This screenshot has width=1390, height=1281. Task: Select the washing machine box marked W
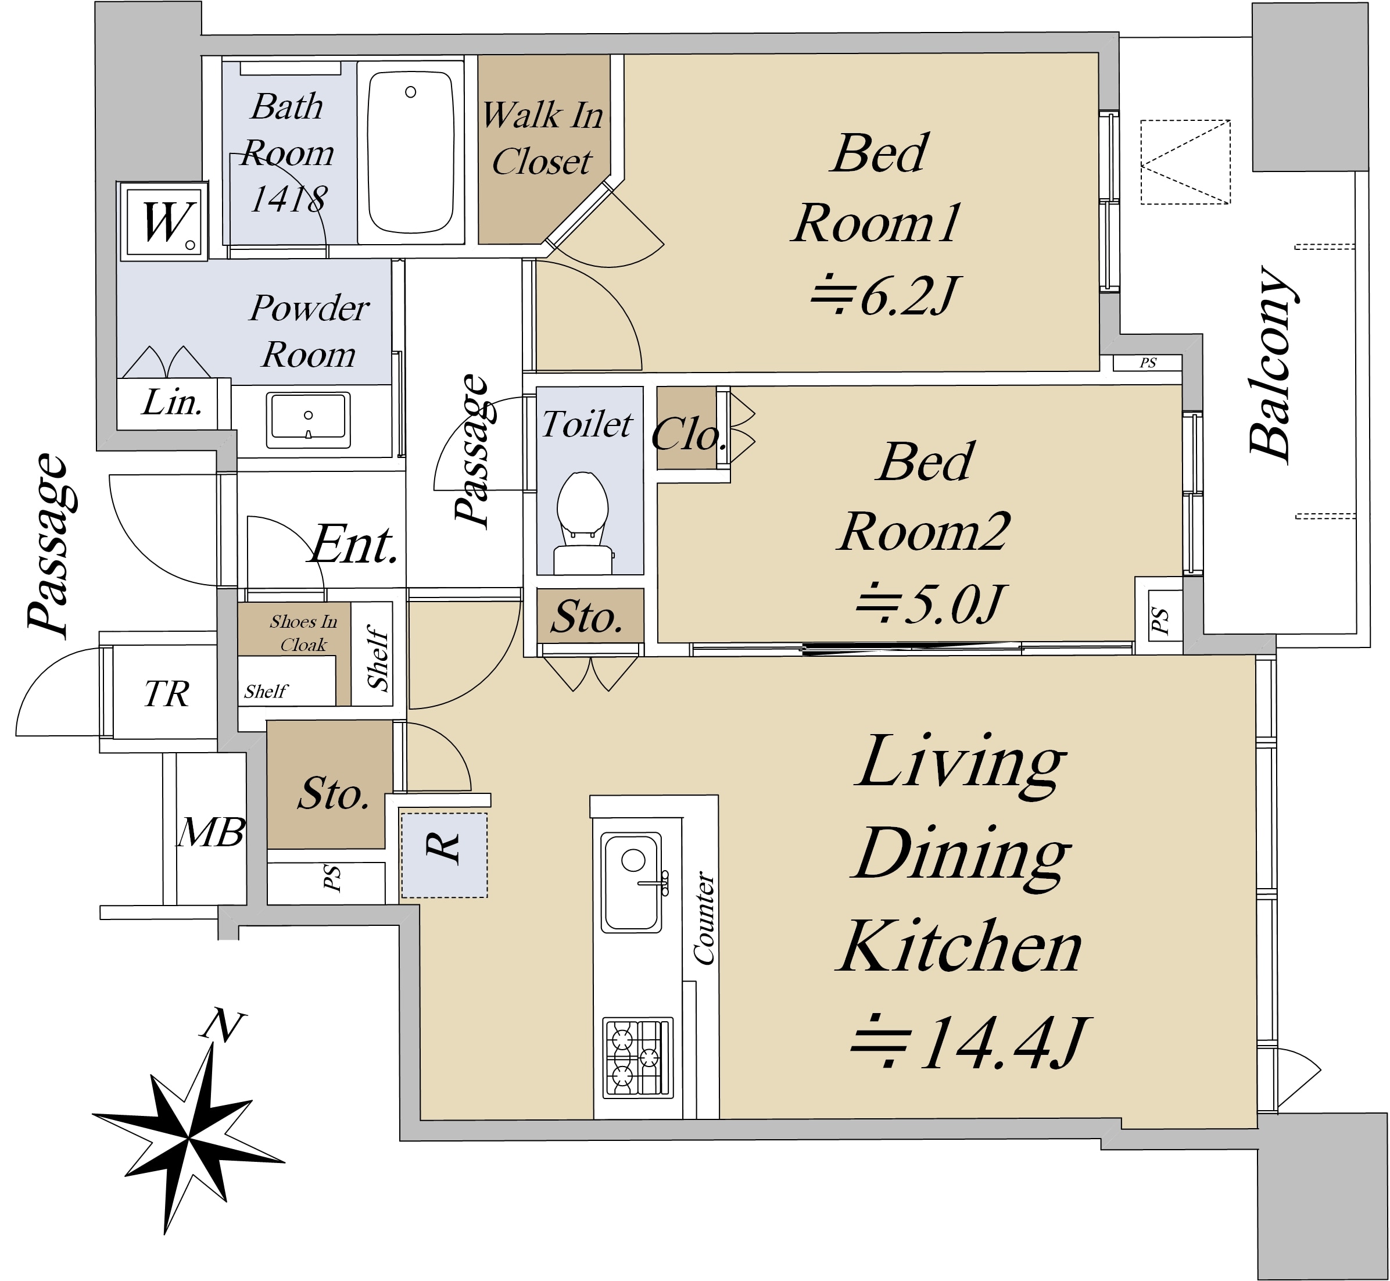click(x=163, y=222)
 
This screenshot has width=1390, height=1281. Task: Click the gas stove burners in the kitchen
click(x=637, y=1058)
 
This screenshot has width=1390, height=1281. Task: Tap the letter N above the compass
click(x=223, y=1026)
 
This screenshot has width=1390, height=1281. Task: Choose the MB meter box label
click(x=210, y=832)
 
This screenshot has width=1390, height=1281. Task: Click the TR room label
click(x=166, y=693)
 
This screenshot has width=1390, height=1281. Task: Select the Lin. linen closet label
click(x=172, y=403)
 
